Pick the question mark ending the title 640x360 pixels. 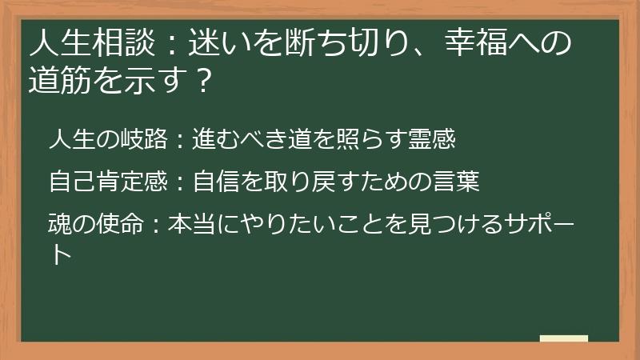click(x=203, y=80)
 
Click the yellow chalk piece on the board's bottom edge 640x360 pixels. click(x=564, y=338)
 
